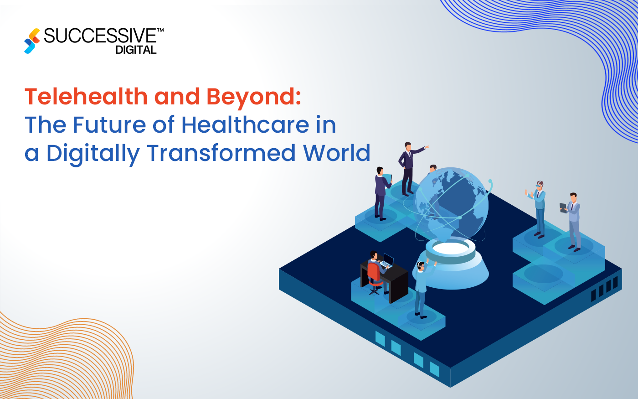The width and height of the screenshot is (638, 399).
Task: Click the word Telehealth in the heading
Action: tap(86, 97)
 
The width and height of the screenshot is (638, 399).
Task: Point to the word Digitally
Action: tap(93, 154)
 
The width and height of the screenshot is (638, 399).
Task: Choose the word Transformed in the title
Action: tap(221, 153)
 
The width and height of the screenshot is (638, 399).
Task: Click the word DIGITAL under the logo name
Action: tap(136, 50)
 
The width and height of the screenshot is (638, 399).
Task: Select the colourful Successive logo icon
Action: tap(32, 41)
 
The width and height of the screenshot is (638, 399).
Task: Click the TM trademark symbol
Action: tap(160, 30)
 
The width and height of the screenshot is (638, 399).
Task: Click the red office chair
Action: tap(374, 274)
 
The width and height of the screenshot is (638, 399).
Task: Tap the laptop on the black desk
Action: tap(387, 261)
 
